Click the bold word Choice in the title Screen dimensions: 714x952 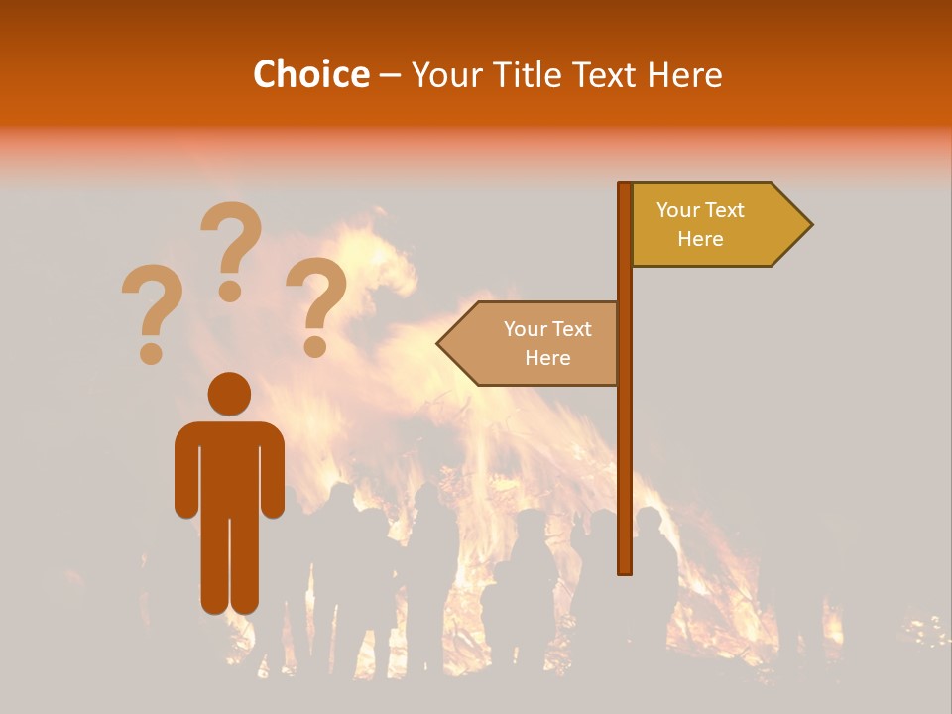[310, 74]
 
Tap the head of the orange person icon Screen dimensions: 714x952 [229, 394]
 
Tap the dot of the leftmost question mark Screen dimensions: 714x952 [152, 352]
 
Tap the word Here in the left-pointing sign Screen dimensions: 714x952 [547, 358]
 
